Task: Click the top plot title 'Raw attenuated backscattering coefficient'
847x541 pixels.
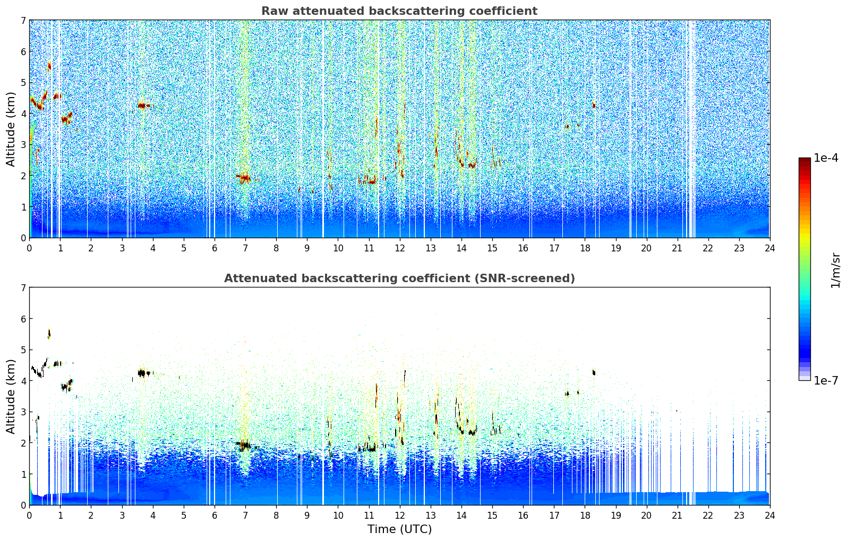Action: coord(399,11)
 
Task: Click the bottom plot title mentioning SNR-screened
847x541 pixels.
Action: coord(399,278)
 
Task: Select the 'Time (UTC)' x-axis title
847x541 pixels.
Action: coord(399,529)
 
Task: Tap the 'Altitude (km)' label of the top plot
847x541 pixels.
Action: coord(11,129)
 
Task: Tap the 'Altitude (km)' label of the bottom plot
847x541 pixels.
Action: coord(11,396)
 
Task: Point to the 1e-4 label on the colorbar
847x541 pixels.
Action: coord(826,158)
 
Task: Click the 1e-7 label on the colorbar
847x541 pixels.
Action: coord(826,380)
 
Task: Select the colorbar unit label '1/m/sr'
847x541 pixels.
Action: coord(835,270)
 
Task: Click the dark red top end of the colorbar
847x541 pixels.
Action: coord(805,160)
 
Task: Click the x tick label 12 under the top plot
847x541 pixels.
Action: coord(399,248)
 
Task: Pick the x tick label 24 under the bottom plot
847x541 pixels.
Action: coord(769,515)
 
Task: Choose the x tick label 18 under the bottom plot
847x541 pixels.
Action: coord(585,515)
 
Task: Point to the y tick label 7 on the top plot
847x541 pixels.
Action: coord(23,20)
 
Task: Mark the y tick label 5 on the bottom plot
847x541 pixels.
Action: coord(23,350)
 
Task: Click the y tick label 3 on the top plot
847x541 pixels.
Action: coord(23,145)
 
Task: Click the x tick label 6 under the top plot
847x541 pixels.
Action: coord(215,248)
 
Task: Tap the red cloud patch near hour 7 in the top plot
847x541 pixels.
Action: coord(244,178)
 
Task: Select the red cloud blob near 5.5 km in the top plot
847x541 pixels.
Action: coord(49,66)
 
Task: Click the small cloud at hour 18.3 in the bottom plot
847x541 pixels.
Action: coord(594,372)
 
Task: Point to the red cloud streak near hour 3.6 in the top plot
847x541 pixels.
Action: coord(142,106)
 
